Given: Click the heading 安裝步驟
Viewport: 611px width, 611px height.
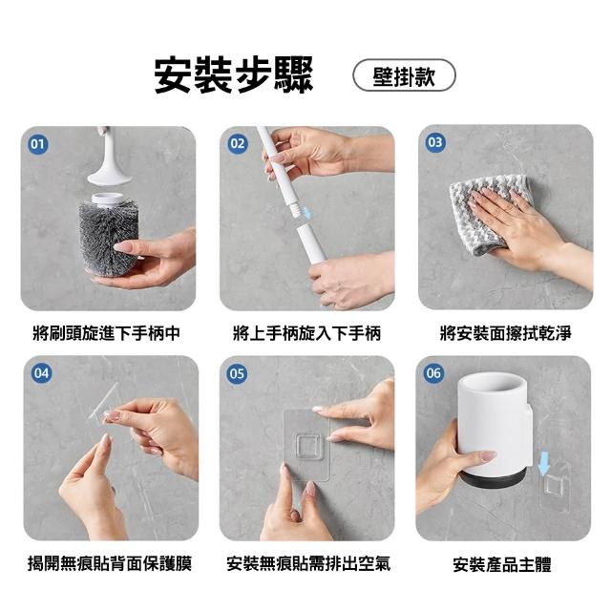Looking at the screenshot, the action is tap(233, 75).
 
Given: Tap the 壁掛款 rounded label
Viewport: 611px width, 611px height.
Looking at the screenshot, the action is tap(404, 75).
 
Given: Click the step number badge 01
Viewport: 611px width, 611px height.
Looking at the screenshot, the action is tap(38, 144).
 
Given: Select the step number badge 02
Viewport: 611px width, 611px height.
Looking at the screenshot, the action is tap(237, 144).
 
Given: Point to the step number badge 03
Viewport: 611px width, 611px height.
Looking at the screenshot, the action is tap(435, 142).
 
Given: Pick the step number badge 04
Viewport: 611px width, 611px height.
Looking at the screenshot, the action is tap(41, 373).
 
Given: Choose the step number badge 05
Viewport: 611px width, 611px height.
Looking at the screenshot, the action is tap(237, 374).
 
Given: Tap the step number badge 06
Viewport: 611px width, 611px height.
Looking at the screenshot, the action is tap(433, 373).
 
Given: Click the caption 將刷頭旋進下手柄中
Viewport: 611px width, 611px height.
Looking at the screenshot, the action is tap(107, 333).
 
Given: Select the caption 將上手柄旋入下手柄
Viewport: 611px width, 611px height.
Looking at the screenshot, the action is tap(306, 333).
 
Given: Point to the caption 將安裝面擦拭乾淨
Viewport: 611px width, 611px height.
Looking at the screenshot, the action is tap(505, 333).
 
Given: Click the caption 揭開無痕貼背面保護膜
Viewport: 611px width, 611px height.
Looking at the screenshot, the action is tap(110, 563).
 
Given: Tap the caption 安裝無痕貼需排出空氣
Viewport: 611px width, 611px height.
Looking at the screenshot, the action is tap(308, 563).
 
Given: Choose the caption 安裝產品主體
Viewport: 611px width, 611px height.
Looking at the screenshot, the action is tap(502, 564).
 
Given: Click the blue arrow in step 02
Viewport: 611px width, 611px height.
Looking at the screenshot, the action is tap(307, 213).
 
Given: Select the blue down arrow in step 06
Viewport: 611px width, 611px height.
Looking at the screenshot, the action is tap(544, 463).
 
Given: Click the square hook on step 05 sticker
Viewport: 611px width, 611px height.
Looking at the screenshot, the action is tap(307, 444).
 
